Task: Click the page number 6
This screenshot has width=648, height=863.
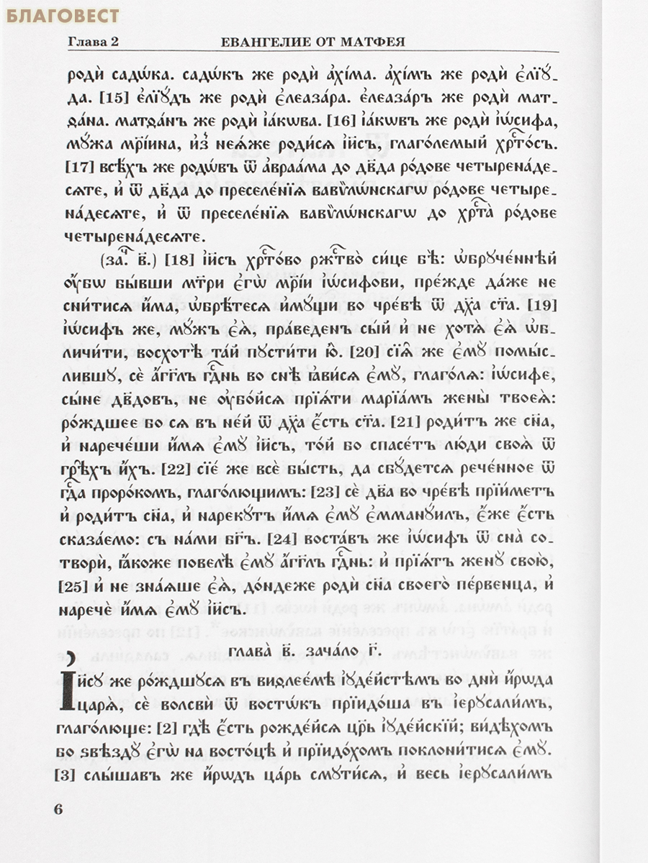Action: (x=60, y=808)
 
